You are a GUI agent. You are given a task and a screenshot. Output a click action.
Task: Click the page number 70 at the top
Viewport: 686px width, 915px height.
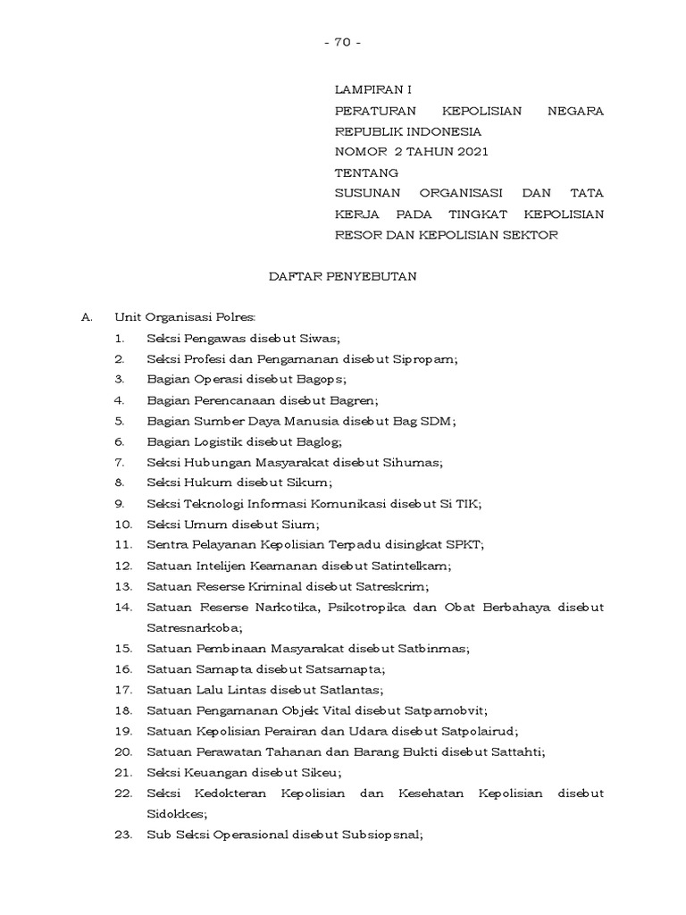tap(343, 43)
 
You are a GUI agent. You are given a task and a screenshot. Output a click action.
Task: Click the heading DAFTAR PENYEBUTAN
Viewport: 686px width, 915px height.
tap(343, 277)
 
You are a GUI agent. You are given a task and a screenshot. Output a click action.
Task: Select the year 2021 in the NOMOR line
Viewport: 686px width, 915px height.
tap(471, 152)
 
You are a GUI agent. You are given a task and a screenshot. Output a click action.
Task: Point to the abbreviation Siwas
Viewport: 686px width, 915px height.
tap(322, 339)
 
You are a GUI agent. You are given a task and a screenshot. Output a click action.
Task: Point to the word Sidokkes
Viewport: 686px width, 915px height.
tap(176, 814)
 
